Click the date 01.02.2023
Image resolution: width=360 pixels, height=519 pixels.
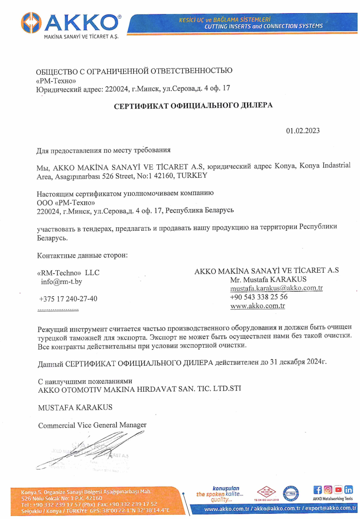point(303,131)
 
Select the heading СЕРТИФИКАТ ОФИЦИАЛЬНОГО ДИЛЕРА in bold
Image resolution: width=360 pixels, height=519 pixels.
point(193,106)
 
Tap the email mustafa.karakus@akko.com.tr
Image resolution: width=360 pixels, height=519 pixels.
point(276,288)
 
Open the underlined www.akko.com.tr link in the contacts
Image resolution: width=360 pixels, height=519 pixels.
point(258,306)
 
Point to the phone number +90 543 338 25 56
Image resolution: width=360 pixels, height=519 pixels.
point(259,297)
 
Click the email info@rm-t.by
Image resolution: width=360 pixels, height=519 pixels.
point(62,282)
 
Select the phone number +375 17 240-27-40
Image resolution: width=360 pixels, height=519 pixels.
point(68,299)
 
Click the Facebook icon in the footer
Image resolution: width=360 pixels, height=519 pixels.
point(317,490)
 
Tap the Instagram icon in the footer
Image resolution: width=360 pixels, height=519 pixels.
point(328,490)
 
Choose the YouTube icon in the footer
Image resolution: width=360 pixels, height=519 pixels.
point(338,490)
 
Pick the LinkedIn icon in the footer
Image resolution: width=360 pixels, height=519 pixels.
point(349,490)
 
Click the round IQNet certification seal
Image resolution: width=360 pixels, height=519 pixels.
point(291,493)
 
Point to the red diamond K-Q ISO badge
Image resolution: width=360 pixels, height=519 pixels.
point(267,492)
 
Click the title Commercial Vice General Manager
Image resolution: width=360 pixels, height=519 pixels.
point(92,425)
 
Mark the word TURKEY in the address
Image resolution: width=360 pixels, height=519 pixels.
point(192,175)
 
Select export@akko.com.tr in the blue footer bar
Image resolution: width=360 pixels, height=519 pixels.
point(331,508)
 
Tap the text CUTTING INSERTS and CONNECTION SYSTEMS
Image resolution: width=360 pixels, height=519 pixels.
point(264,26)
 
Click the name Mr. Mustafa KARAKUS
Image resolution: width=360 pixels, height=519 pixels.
point(268,280)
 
